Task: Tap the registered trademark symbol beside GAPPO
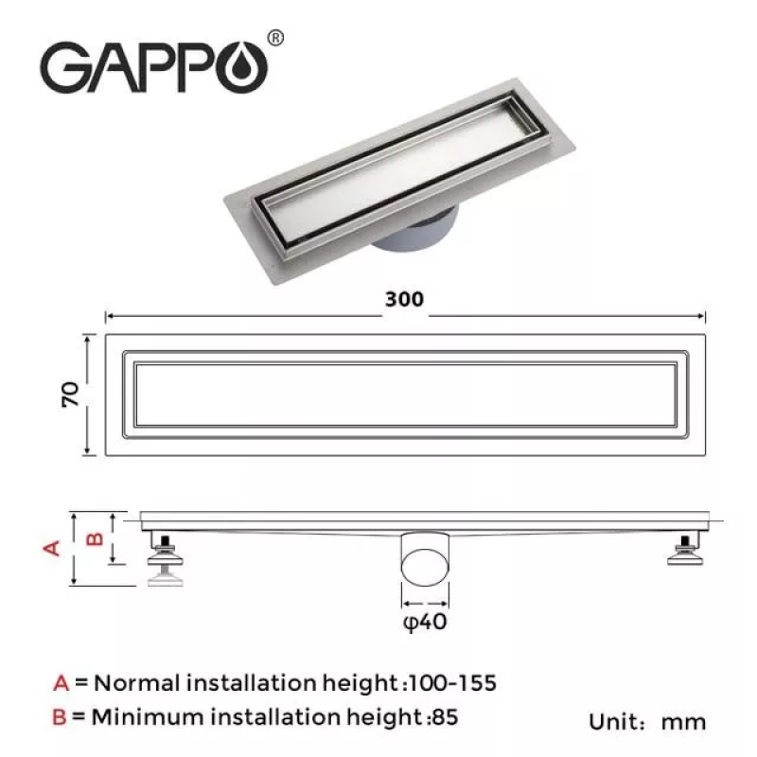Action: click(x=274, y=38)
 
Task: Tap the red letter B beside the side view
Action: click(x=94, y=538)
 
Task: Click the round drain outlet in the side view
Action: click(x=425, y=565)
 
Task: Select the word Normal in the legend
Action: click(x=139, y=681)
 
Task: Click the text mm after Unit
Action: click(x=683, y=722)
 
